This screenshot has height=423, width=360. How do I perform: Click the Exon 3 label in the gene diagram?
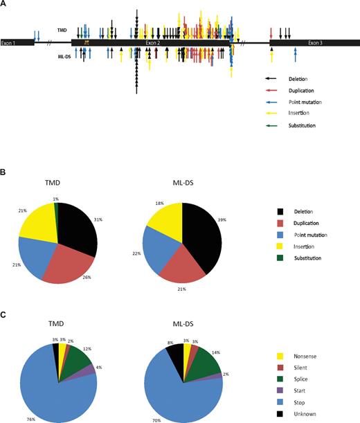pos(314,43)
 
